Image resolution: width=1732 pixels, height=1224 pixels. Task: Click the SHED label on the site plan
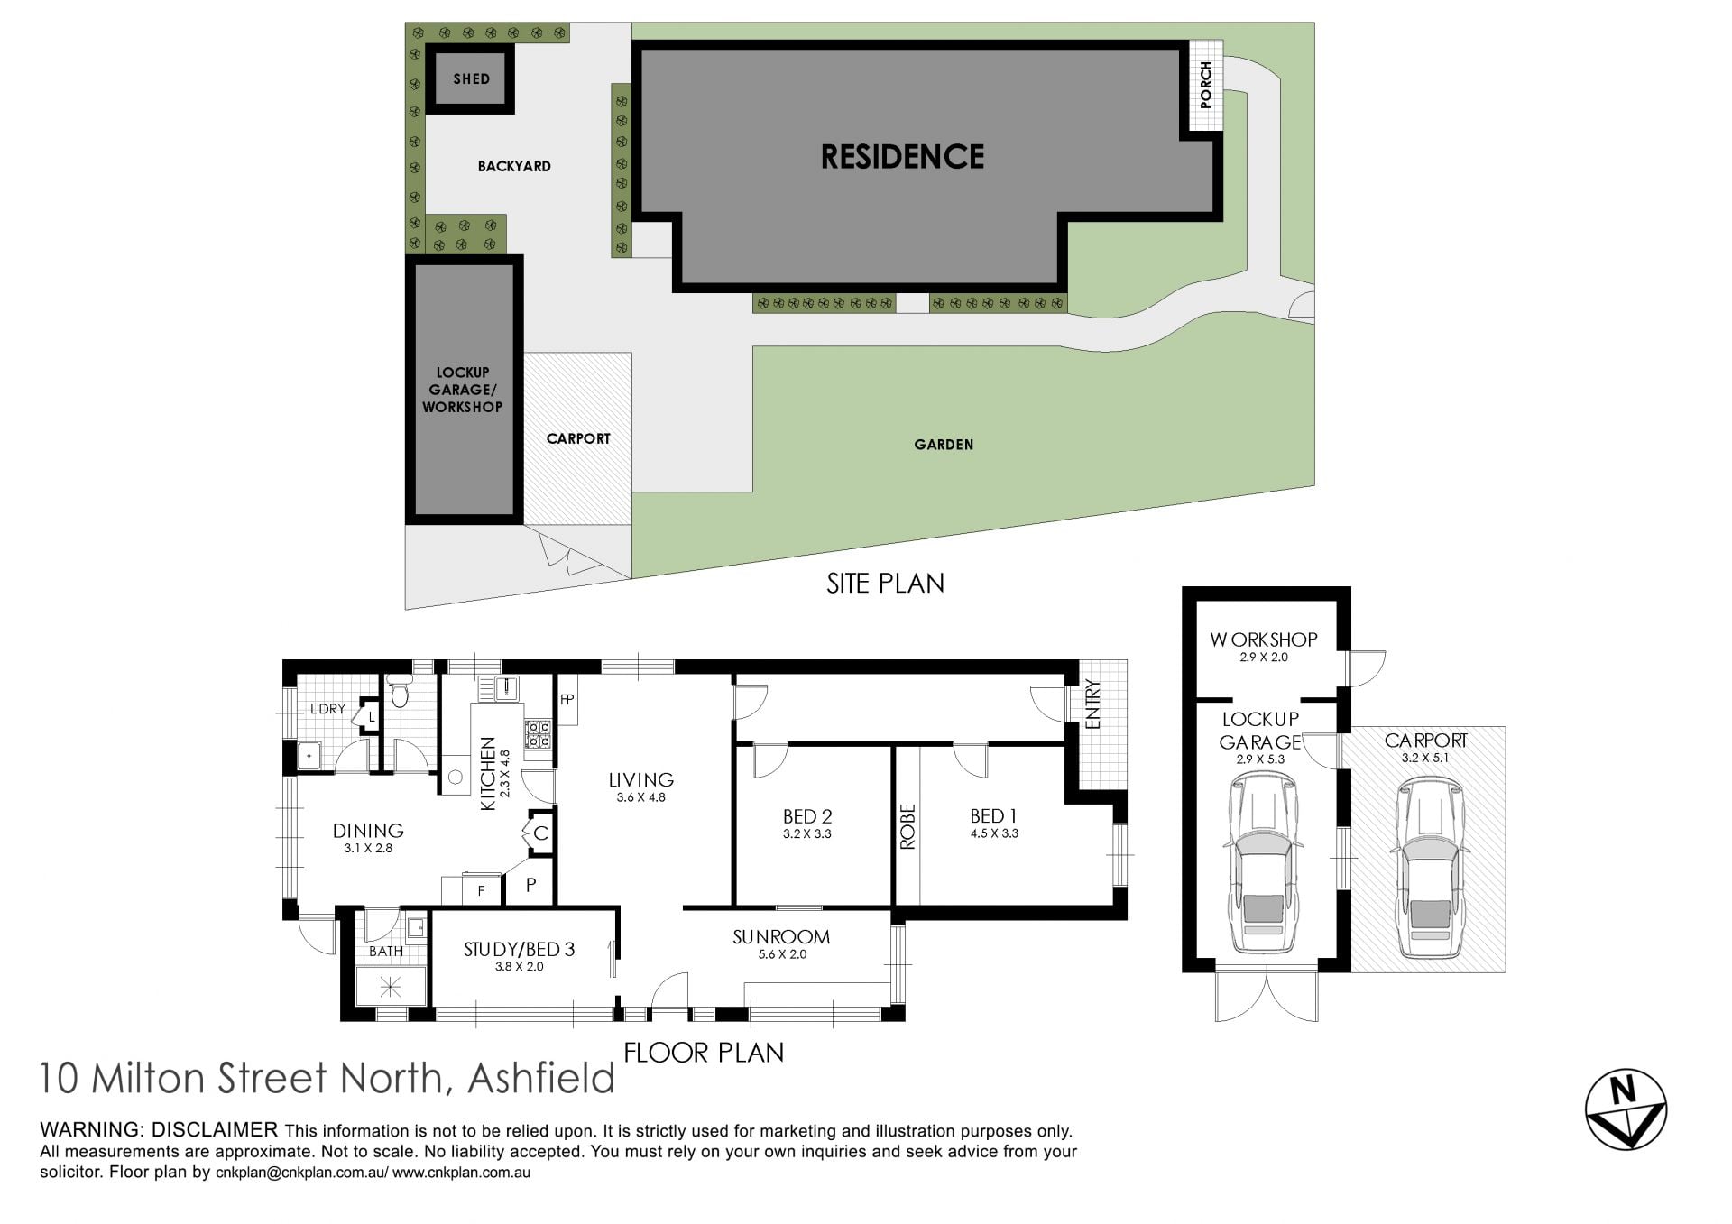[471, 79]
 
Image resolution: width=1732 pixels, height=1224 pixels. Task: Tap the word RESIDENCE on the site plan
[902, 157]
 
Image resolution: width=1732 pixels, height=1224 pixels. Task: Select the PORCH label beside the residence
[1206, 85]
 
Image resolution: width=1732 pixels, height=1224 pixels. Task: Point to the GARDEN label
[944, 445]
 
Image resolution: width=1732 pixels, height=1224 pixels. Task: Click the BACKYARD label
[514, 166]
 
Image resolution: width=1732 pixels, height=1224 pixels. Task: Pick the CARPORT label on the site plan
[578, 438]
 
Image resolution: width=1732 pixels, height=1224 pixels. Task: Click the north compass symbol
[1626, 1109]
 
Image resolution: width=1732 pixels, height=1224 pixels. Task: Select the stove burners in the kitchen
[539, 734]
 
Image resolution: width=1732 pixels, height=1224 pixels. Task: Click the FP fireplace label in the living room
[567, 699]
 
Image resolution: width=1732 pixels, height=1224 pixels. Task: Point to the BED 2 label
[807, 816]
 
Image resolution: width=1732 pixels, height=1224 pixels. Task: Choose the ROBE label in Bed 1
[907, 826]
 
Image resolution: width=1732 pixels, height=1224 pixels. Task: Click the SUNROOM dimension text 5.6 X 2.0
[781, 954]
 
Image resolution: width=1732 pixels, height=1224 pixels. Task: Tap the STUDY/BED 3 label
[519, 949]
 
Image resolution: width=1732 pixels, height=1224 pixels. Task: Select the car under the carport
[1430, 868]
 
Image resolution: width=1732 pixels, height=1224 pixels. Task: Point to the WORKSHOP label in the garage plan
[1263, 640]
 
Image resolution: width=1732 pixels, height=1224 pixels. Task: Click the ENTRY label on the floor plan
[1093, 704]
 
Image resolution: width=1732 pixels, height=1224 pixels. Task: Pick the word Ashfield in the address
[541, 1078]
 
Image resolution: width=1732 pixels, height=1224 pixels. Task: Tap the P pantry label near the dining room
[530, 886]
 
